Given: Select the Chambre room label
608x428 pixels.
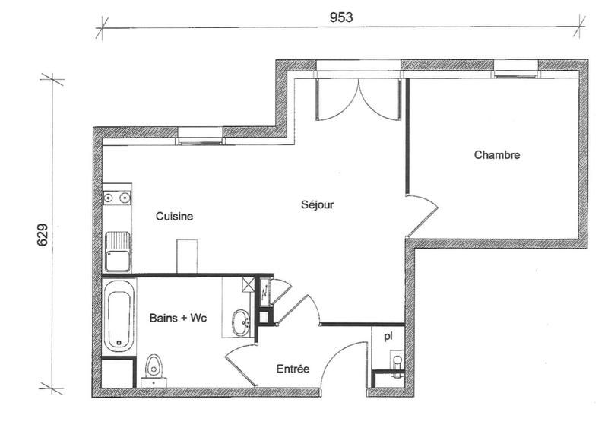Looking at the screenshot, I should pos(497,155).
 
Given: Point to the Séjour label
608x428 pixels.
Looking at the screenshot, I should pos(317,204).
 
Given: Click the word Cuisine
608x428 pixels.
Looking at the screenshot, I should pos(175,217).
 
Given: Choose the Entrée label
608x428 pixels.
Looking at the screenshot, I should pos(293,369).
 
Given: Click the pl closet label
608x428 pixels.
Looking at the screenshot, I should pos(388,335).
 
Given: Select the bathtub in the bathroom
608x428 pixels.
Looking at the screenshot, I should pos(119,316).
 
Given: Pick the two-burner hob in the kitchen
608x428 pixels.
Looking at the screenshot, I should pos(116,198).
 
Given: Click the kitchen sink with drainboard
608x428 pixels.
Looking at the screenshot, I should pos(117,252).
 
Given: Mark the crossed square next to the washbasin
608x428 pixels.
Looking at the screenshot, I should pos(248,285).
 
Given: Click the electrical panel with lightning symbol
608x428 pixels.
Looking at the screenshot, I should pos(264,290).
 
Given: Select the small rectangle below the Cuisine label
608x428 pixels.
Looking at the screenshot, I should pos(187,256).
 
